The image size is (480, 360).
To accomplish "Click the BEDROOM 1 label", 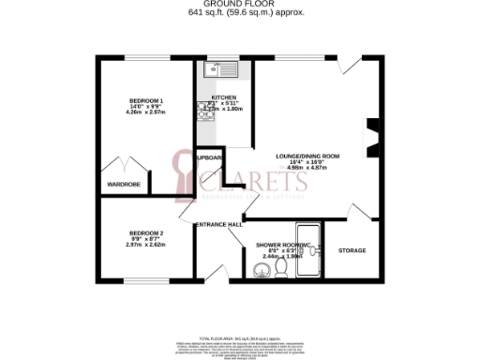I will (x=146, y=100).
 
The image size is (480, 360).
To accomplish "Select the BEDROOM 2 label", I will (x=145, y=232).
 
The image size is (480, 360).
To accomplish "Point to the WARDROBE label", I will (x=124, y=185).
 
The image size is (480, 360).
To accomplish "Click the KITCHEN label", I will (x=223, y=97).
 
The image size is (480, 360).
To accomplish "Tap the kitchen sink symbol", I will (x=222, y=68).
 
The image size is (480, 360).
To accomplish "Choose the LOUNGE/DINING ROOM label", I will (x=307, y=156).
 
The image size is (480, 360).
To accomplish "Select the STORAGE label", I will (x=352, y=250).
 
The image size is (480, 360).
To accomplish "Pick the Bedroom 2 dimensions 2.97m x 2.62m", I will (x=145, y=245).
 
